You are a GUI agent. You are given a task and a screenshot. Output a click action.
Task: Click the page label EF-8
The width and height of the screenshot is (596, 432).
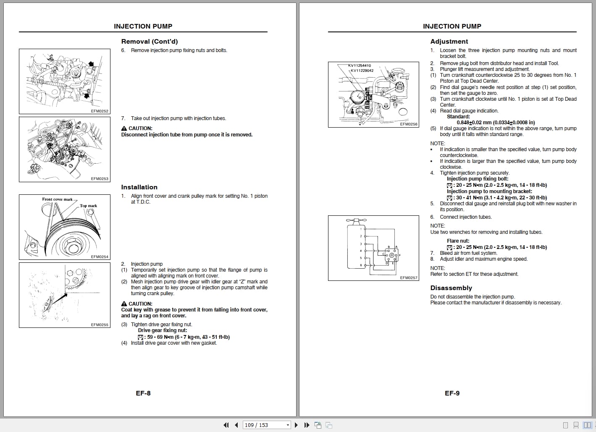coord(143,393)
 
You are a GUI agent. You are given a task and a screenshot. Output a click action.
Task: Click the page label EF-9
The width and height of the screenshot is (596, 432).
coord(452,393)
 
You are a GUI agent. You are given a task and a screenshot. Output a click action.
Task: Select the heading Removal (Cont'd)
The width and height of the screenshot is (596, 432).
coord(150,42)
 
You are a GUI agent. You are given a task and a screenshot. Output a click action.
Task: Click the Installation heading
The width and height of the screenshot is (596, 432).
coord(139,187)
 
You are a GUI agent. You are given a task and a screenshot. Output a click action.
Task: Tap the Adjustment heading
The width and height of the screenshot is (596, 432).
coord(449,42)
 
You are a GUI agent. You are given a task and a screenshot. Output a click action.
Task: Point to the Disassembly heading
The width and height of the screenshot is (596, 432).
coord(451,288)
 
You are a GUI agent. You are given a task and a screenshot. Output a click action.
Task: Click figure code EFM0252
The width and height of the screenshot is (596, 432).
coord(100,111)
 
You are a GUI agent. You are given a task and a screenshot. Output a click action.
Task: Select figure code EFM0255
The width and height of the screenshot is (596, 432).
coord(100,325)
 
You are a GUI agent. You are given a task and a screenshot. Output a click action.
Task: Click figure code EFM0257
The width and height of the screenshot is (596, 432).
coord(409,278)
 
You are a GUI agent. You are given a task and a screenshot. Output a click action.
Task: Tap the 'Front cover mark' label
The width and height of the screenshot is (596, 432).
coord(57,199)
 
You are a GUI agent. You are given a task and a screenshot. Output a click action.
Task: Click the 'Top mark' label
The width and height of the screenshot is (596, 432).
coord(88,206)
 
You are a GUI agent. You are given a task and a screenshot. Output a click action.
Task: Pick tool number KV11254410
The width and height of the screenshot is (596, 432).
coord(360,65)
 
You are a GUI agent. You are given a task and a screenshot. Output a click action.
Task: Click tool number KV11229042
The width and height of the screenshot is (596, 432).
coord(362,71)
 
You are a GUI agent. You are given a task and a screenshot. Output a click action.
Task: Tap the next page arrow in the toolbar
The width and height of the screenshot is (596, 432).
coord(297,425)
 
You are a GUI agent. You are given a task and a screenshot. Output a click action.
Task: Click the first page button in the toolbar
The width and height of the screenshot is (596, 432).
coord(226,425)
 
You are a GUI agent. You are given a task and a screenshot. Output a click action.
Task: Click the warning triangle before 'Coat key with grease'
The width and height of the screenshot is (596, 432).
coord(124,304)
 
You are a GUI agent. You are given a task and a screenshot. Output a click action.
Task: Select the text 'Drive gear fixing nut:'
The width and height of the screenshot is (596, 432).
coord(163,330)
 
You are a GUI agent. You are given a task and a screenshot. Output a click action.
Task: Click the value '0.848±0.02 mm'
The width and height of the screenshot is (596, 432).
coord(474,123)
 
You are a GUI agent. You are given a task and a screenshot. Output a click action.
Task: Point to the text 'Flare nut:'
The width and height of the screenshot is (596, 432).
coord(458,241)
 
